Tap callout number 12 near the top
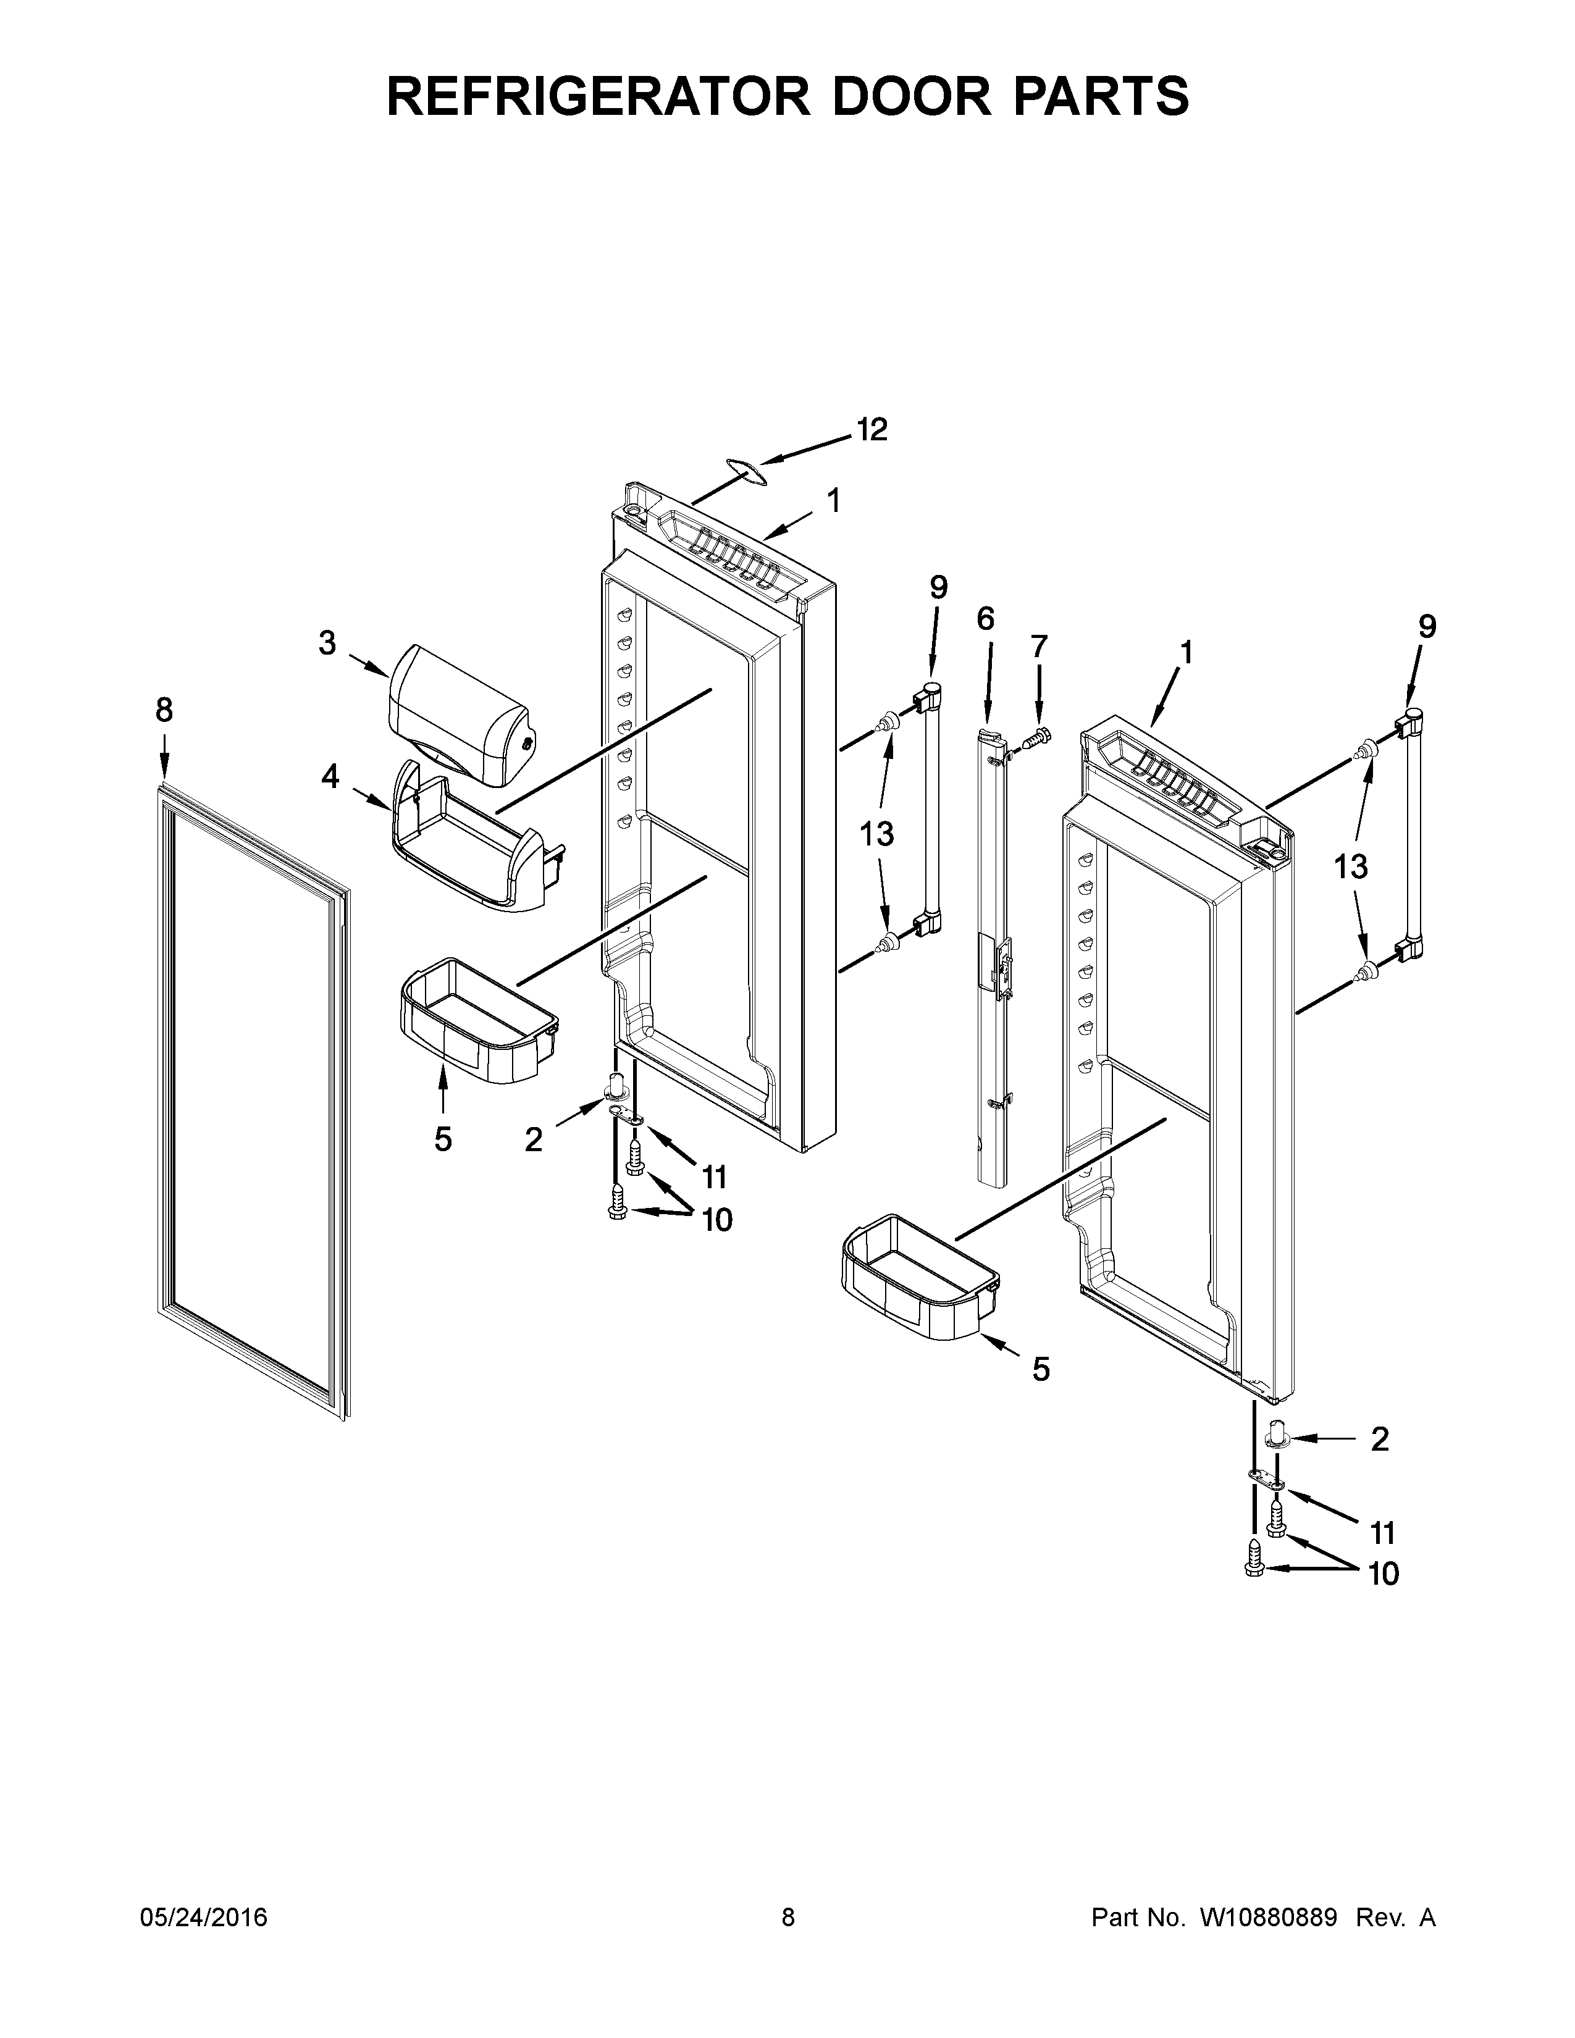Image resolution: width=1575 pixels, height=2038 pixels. pos(872,430)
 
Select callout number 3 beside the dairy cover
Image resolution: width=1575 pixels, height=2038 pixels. pos(327,643)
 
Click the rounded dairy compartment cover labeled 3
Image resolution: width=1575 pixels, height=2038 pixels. pos(457,716)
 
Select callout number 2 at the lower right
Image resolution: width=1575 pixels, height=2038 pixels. pos(1379,1439)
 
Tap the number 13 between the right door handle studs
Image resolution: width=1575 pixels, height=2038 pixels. pos(1350,867)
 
